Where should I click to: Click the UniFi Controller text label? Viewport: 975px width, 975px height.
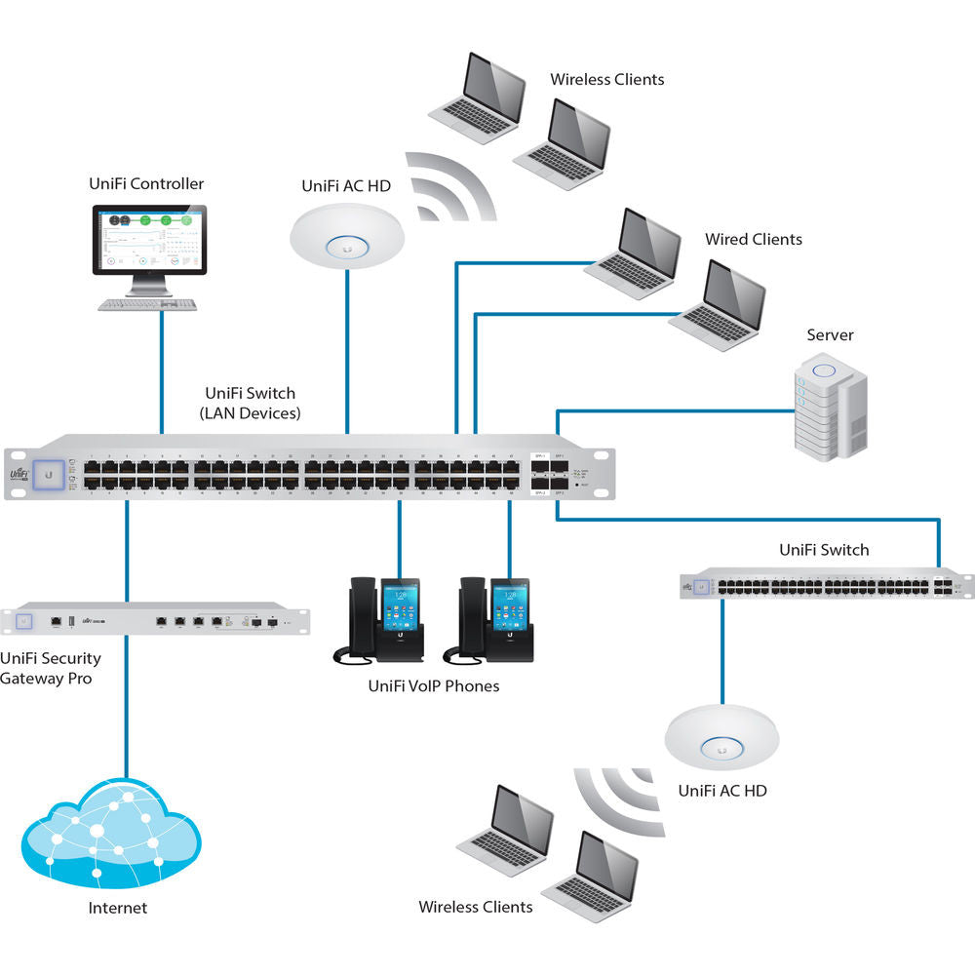pos(146,183)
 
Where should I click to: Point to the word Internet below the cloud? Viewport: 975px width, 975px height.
pos(117,908)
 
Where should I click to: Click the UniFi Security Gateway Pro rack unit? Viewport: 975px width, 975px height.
pos(157,620)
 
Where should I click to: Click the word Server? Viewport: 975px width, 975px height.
pos(830,335)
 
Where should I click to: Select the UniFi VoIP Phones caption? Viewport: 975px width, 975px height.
pos(433,686)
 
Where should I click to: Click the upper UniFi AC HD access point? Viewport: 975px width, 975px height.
pos(347,237)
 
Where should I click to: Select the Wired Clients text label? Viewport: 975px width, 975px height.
pos(754,239)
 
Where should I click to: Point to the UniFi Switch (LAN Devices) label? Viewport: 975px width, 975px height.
pos(250,403)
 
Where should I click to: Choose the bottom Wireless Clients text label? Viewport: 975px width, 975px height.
pos(476,907)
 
